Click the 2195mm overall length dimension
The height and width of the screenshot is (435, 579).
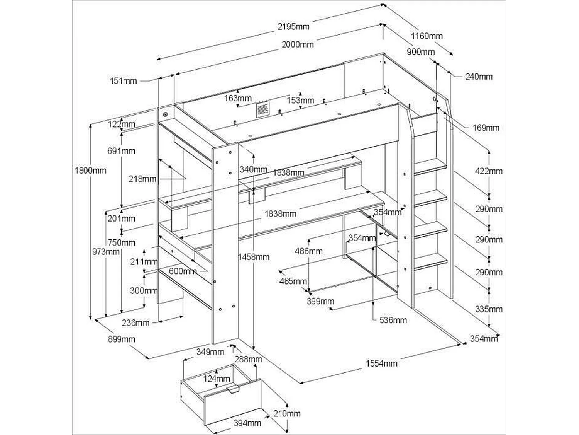click(293, 27)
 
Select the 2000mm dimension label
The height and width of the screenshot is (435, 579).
click(297, 44)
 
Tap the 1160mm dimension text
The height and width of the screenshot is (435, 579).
click(427, 36)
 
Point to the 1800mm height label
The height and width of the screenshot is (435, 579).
click(90, 170)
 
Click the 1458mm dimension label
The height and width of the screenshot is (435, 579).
click(254, 257)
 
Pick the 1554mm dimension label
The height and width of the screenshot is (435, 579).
click(381, 363)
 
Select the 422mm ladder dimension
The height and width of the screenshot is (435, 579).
click(489, 171)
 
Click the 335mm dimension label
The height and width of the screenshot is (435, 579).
click(489, 309)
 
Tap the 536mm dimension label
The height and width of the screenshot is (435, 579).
click(393, 320)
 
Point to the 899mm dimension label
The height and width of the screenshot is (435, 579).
click(122, 339)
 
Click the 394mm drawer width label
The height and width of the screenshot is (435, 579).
click(247, 423)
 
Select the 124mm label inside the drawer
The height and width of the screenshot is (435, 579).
click(217, 379)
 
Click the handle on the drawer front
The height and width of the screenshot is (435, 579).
click(234, 389)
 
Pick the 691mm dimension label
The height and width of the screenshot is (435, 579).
click(121, 151)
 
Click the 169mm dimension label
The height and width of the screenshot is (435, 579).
click(486, 128)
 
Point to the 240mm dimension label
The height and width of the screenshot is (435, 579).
click(479, 77)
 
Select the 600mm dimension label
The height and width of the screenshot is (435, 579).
click(183, 271)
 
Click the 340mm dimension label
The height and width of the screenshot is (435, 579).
click(253, 169)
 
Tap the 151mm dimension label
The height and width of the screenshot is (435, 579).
click(123, 81)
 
